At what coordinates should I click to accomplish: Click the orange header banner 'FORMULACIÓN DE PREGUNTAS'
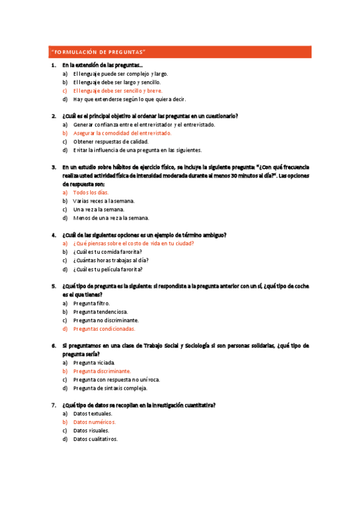tap(179, 52)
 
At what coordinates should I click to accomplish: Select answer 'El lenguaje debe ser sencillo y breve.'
tap(117, 91)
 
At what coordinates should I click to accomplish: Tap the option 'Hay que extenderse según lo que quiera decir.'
tap(129, 99)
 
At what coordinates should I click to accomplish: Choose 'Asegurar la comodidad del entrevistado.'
tap(122, 133)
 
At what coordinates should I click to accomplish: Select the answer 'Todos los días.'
tap(91, 192)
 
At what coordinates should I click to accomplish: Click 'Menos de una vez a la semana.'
tap(111, 218)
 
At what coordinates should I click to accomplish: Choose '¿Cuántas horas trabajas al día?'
tap(111, 260)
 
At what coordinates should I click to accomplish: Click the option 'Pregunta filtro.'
tap(91, 304)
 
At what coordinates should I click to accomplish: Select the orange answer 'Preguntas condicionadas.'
tap(104, 329)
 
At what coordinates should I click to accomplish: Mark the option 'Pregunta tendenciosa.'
tap(100, 312)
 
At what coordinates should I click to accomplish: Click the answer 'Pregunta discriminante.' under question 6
tap(102, 371)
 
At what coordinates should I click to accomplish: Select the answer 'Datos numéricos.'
tap(94, 422)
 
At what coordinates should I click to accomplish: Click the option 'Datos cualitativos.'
tap(95, 439)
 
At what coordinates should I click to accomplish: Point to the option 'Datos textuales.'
tap(93, 414)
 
